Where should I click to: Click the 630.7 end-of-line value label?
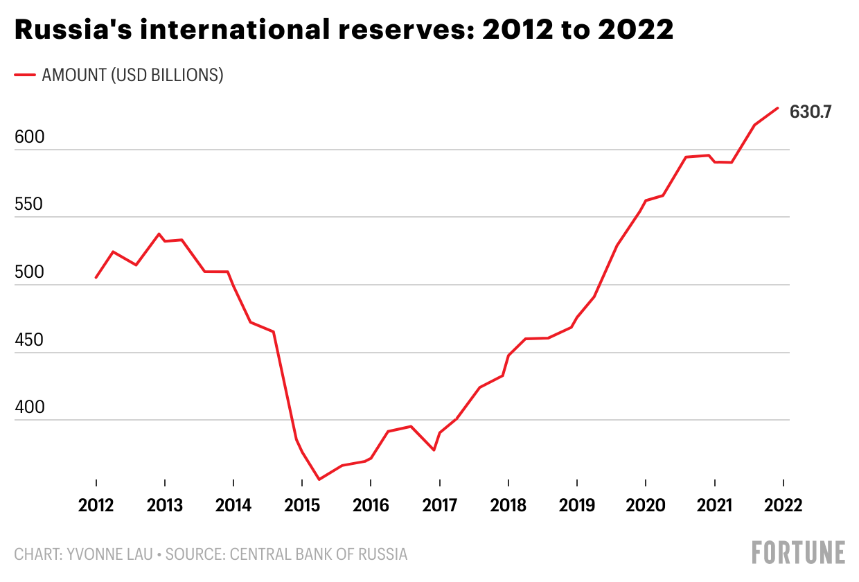click(x=811, y=111)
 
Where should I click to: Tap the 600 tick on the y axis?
click(x=29, y=137)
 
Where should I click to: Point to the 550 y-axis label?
click(x=29, y=205)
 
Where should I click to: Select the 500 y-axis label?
click(x=29, y=272)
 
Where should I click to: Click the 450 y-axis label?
click(x=29, y=340)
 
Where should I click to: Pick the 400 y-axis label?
click(x=29, y=407)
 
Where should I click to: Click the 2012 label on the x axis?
click(x=96, y=506)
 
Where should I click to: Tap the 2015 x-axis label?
click(x=302, y=506)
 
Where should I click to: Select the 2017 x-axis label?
click(x=439, y=506)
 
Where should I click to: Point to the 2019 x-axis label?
click(x=577, y=506)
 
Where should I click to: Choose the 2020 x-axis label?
click(x=646, y=506)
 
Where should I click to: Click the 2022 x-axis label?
click(x=783, y=506)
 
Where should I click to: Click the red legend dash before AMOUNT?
click(x=25, y=75)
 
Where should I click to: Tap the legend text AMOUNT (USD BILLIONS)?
click(x=132, y=75)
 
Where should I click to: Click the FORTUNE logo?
click(x=798, y=552)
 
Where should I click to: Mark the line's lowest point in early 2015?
click(x=319, y=479)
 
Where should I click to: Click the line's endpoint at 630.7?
click(x=778, y=107)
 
